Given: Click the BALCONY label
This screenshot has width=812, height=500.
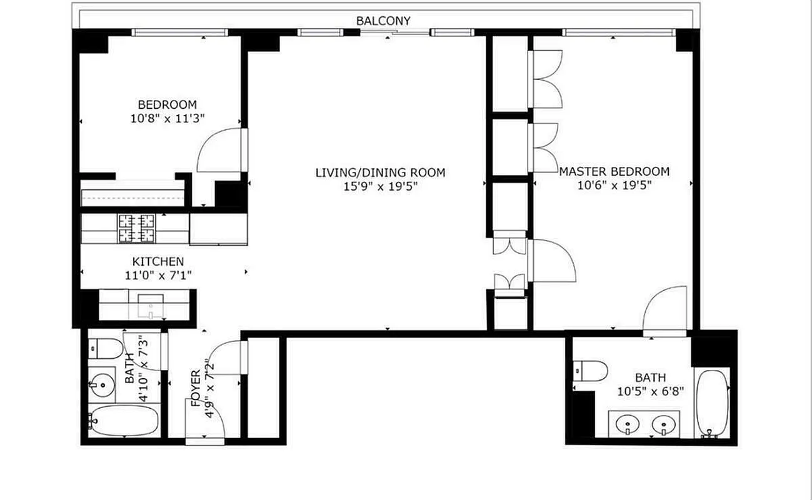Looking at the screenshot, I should (x=383, y=21).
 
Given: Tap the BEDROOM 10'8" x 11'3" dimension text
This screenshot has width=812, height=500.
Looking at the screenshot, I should (x=168, y=117).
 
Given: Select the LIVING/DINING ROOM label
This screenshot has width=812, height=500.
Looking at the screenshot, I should (x=380, y=172).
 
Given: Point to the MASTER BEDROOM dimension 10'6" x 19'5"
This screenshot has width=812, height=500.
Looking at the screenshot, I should (x=614, y=185).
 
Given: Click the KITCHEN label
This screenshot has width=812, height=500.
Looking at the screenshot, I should (x=158, y=261).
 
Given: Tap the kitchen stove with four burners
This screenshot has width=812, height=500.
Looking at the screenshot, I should (x=137, y=228).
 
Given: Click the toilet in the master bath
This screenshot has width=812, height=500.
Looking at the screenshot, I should (x=591, y=371).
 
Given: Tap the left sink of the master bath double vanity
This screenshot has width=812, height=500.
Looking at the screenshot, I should (x=626, y=425).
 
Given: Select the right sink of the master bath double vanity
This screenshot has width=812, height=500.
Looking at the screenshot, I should (x=661, y=425).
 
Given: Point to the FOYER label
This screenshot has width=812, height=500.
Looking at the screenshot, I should (x=194, y=388).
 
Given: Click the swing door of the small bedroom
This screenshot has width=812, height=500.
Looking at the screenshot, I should (x=219, y=151).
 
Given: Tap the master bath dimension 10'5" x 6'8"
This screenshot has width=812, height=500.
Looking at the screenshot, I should (x=650, y=391).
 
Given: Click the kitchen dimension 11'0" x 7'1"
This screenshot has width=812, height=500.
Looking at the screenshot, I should (x=158, y=275).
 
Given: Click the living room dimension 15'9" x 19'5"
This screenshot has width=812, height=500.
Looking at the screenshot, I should (x=380, y=186).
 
